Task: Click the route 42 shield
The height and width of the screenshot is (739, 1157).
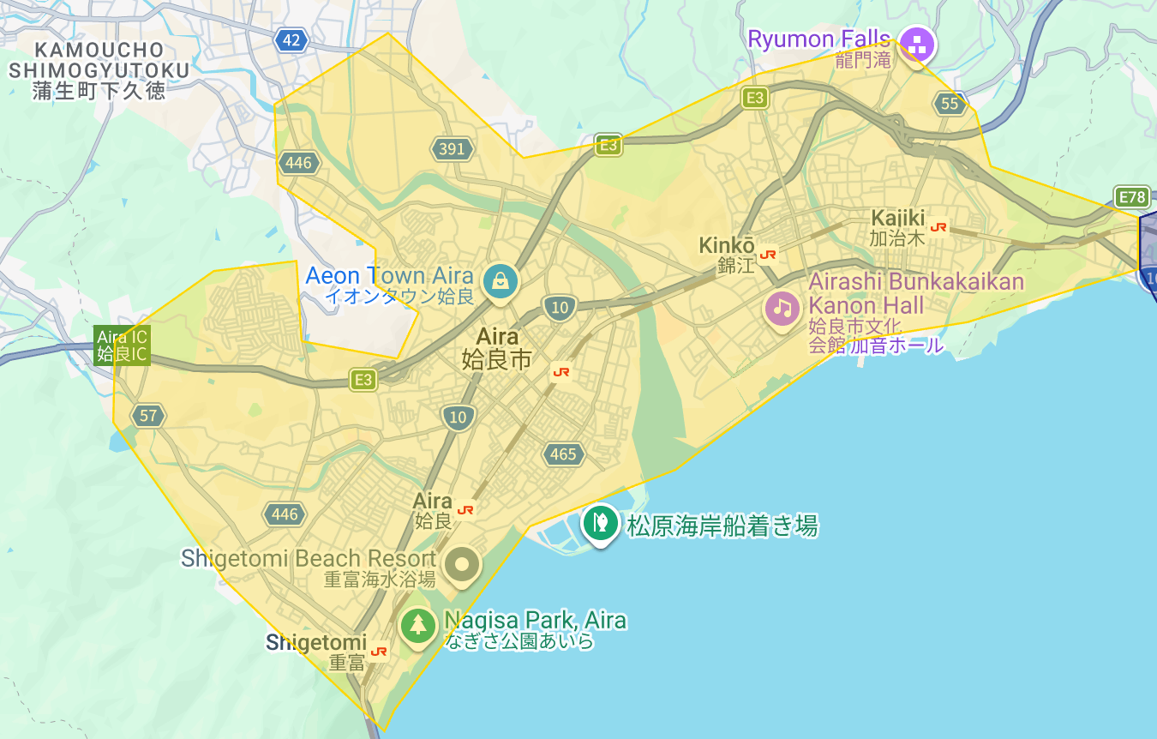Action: pyautogui.click(x=291, y=39)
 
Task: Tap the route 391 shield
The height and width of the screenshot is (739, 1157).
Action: pyautogui.click(x=452, y=149)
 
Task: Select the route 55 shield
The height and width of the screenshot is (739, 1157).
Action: pyautogui.click(x=950, y=104)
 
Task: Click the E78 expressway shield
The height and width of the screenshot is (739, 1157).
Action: pyautogui.click(x=1131, y=197)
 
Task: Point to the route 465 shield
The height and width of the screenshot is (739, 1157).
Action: pyautogui.click(x=563, y=454)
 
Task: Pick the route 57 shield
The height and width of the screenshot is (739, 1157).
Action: pyautogui.click(x=148, y=416)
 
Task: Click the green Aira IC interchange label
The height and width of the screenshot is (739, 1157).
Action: pyautogui.click(x=122, y=345)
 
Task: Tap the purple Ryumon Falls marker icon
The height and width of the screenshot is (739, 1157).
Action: pyautogui.click(x=917, y=44)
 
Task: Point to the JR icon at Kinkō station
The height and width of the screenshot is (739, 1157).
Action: pyautogui.click(x=768, y=255)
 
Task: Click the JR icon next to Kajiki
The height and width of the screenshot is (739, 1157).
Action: pyautogui.click(x=939, y=227)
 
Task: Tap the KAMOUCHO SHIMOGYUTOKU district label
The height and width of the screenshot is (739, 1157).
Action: pyautogui.click(x=99, y=69)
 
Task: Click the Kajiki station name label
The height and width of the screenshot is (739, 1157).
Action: pyautogui.click(x=898, y=227)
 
